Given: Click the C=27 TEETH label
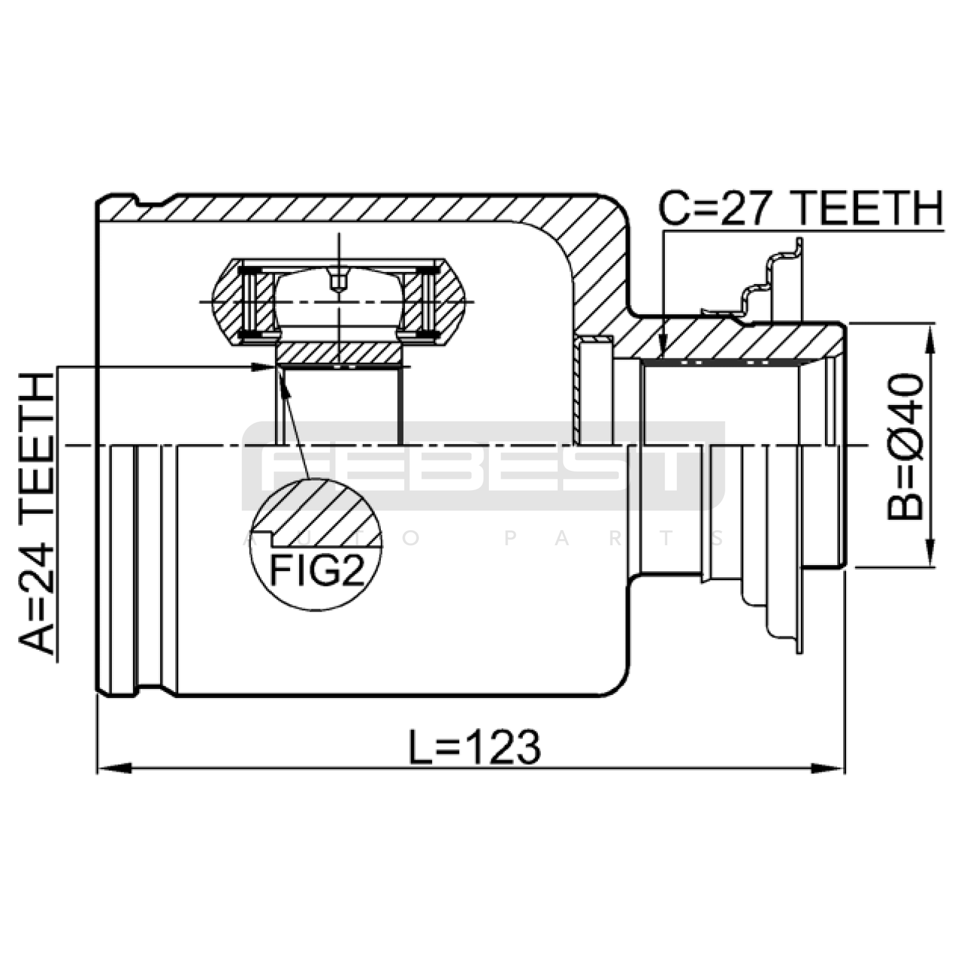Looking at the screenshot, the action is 800,209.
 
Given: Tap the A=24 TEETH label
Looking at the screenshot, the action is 37,514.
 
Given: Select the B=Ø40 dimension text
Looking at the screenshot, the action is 905,447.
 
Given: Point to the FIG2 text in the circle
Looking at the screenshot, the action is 317,569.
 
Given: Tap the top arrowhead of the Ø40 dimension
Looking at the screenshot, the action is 930,341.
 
